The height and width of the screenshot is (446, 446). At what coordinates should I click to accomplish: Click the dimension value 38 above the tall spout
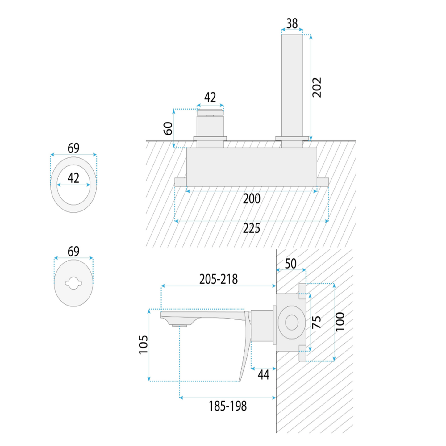292,23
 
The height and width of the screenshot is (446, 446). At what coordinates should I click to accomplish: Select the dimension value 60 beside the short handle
168,128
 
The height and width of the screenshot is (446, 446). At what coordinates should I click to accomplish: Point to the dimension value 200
252,198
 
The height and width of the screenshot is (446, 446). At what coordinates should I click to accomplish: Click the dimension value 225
252,228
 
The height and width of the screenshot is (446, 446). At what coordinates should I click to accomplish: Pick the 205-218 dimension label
219,279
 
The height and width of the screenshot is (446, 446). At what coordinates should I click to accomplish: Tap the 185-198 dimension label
228,406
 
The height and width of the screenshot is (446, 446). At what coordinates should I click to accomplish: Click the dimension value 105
143,344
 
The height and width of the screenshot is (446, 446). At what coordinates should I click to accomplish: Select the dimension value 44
263,374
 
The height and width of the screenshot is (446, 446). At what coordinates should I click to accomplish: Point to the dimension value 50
290,263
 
